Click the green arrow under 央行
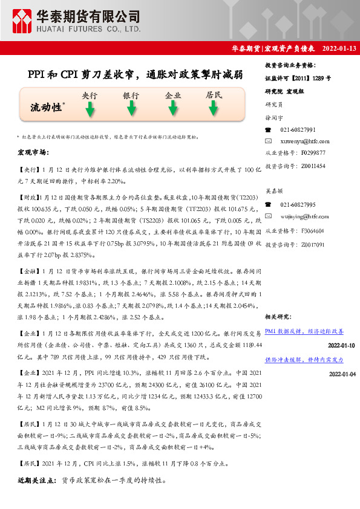tap(90, 109)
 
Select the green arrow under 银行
tap(131, 109)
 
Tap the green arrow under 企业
tap(173, 109)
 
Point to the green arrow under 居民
tap(214, 109)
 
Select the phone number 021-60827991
tap(298, 130)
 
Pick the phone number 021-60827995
tap(298, 205)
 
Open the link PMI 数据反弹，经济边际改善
tap(304, 331)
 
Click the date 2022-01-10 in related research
tap(341, 345)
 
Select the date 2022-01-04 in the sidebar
tap(341, 374)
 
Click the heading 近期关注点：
tap(38, 481)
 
